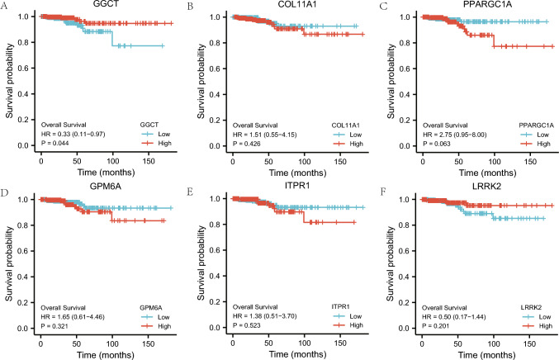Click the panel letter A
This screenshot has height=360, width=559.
tap(6, 7)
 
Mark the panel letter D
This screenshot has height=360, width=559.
tap(6, 189)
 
